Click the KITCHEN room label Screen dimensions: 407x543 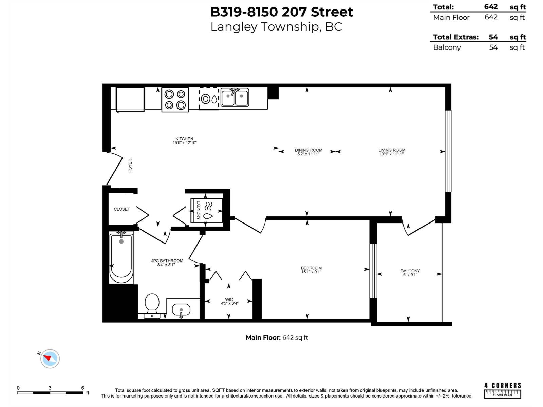[x=184, y=139]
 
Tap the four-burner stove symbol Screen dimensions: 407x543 [x=175, y=100]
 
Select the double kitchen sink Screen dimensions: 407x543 [x=235, y=97]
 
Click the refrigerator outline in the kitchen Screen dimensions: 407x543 [x=130, y=99]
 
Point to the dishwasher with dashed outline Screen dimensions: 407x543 [x=209, y=99]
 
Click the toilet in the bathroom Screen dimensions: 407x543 [x=152, y=304]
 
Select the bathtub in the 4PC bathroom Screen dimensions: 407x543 [x=121, y=258]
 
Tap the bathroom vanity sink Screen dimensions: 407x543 [x=181, y=310]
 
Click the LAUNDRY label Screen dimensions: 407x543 [x=199, y=210]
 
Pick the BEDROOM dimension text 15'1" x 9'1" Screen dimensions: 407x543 [x=311, y=272]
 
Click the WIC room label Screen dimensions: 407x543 [x=229, y=299]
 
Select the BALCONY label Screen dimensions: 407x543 [x=410, y=271]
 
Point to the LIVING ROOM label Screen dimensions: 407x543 [x=392, y=150]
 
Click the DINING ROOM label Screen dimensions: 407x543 [x=308, y=150]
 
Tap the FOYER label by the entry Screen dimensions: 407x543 [x=130, y=166]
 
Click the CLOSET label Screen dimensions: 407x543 [x=122, y=209]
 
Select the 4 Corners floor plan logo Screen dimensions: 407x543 [x=502, y=390]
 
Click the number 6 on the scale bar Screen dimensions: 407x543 [x=82, y=388]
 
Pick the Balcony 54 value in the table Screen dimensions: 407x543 [x=493, y=47]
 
